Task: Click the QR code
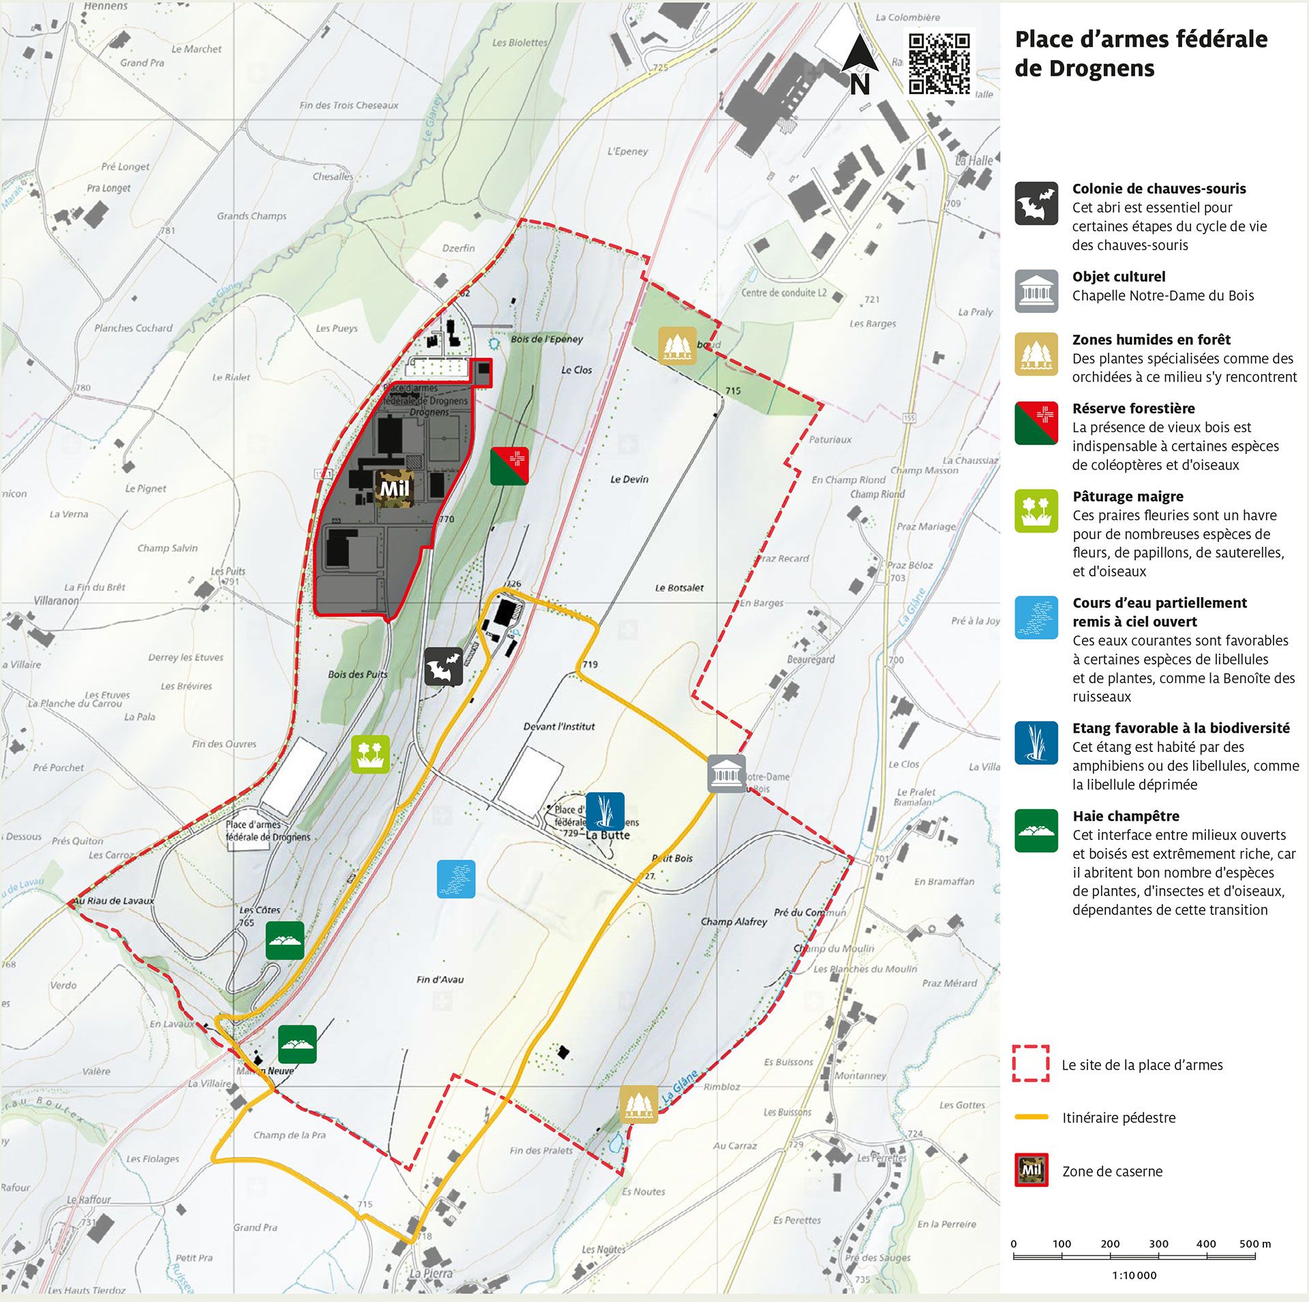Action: [939, 63]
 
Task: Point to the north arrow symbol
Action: [859, 64]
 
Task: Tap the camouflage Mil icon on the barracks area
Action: [394, 488]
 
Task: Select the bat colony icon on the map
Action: [444, 666]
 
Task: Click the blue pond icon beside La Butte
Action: [605, 811]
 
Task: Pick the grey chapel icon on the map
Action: [726, 774]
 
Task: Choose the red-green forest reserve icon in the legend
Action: [1036, 423]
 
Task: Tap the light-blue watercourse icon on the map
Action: [456, 879]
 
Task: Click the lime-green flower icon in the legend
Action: [1036, 511]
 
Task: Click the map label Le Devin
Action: [629, 479]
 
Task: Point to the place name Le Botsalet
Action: [679, 588]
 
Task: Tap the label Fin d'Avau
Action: [440, 980]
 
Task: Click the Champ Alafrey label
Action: [734, 922]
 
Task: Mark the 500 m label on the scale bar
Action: [1254, 1243]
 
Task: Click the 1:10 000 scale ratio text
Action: [1134, 1275]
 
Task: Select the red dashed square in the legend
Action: [1030, 1063]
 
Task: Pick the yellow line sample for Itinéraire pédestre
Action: [1031, 1117]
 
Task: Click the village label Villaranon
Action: [57, 601]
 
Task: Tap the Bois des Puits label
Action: [357, 674]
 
